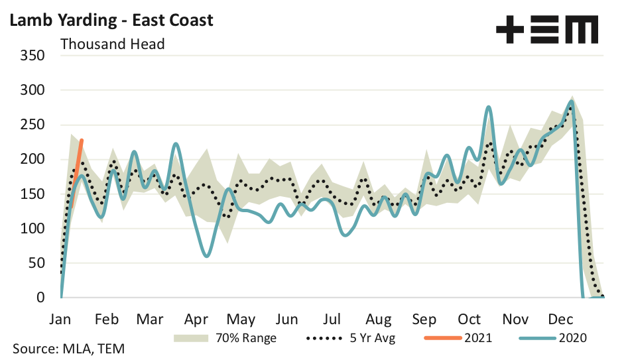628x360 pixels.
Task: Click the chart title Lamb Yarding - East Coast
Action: coord(111,20)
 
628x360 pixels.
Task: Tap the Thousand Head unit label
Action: coord(112,44)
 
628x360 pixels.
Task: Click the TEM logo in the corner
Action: coord(546,30)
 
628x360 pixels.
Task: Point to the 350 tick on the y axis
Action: coord(32,55)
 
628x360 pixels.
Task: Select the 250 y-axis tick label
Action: coord(32,125)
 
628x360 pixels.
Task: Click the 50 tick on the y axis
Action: coord(36,263)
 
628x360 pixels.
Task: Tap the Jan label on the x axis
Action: coord(60,319)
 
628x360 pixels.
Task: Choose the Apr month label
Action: coord(196,319)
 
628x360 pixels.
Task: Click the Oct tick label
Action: coord(470,319)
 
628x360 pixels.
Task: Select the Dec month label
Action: coord(560,319)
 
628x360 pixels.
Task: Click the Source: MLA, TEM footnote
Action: coord(68,348)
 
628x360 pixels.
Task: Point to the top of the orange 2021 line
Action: coord(82,140)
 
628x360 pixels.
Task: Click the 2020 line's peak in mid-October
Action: coord(489,107)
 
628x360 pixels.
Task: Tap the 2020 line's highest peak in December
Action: coord(572,101)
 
